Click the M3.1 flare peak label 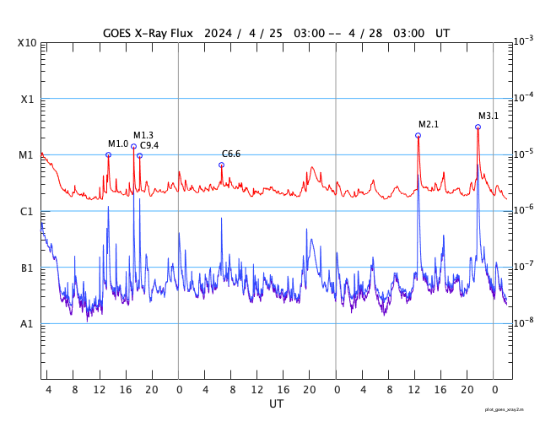(x=489, y=116)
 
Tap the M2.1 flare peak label (x=429, y=124)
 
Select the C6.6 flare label (x=231, y=154)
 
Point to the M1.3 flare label (x=143, y=135)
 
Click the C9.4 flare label (x=149, y=146)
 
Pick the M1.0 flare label (x=117, y=143)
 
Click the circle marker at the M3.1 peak (x=478, y=127)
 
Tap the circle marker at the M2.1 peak (x=418, y=135)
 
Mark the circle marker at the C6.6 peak (x=221, y=165)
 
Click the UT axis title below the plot (x=276, y=404)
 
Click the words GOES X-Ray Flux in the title (x=148, y=33)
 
